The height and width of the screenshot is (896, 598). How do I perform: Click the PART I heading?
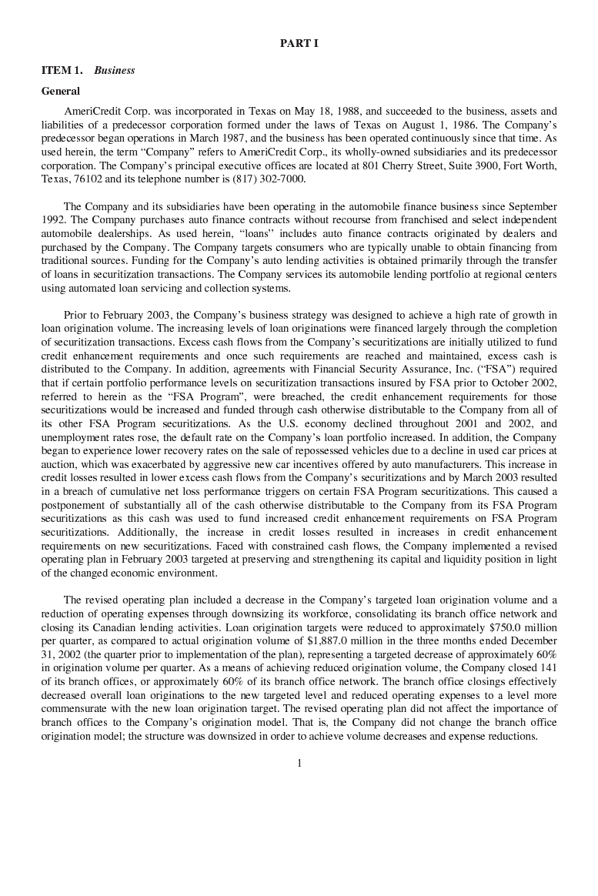(x=299, y=44)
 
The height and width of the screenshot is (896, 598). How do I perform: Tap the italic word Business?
(x=115, y=70)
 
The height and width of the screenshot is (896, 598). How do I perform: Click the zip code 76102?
(x=86, y=179)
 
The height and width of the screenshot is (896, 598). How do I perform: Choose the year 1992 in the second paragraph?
(x=54, y=220)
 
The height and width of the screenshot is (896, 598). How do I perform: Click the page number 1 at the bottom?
(x=299, y=764)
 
